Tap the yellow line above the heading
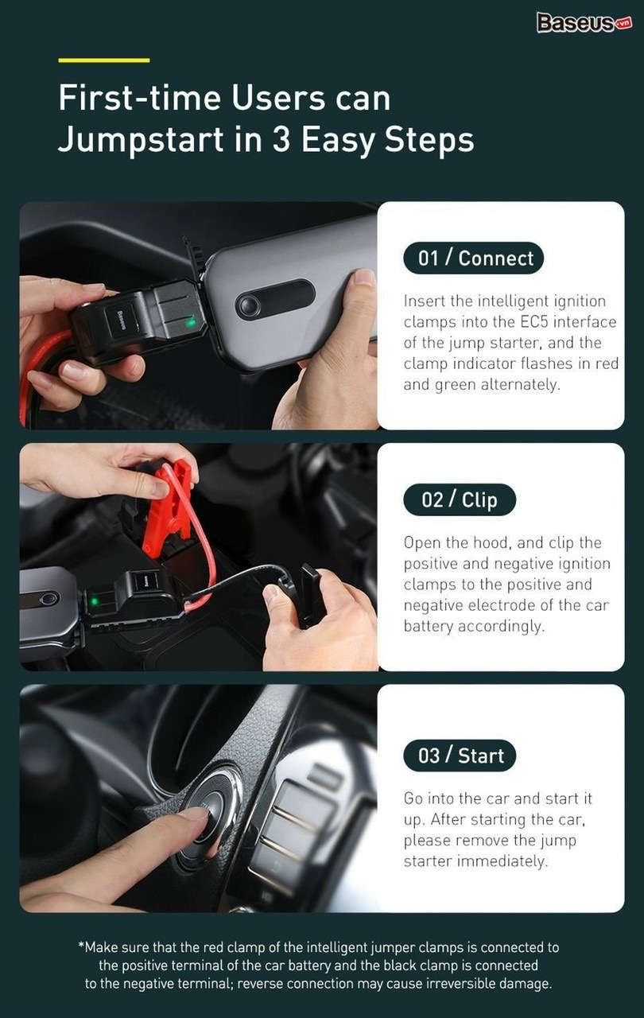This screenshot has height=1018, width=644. pyautogui.click(x=104, y=60)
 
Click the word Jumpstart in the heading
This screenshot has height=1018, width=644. pyautogui.click(x=141, y=139)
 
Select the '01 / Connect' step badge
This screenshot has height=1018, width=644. pyautogui.click(x=473, y=258)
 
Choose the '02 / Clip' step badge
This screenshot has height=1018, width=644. pyautogui.click(x=460, y=500)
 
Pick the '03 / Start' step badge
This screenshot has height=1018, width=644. pyautogui.click(x=460, y=756)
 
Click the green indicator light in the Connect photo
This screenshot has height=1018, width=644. pyautogui.click(x=192, y=322)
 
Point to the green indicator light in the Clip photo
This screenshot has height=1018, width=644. pyautogui.click(x=95, y=601)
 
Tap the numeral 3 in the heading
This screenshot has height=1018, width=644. pyautogui.click(x=281, y=139)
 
